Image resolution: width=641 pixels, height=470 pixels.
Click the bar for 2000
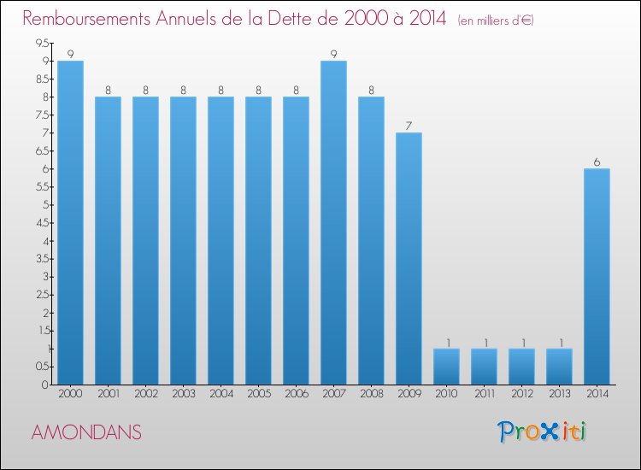[x=70, y=222]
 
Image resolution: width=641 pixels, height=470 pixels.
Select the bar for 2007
[x=333, y=222]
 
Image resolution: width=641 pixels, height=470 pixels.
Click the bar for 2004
[x=221, y=240]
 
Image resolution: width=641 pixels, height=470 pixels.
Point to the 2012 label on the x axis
[x=521, y=394]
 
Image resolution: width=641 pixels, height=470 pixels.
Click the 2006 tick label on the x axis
[x=296, y=394]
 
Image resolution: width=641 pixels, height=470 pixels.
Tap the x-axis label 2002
[x=145, y=394]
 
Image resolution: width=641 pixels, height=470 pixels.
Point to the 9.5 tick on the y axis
[x=42, y=43]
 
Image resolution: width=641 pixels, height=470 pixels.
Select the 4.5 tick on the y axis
[x=42, y=222]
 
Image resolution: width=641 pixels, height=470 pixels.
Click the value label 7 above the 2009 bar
[x=409, y=126]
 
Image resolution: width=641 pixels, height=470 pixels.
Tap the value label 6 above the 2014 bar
[x=597, y=162]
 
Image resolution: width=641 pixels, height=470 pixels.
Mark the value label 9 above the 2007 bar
[x=333, y=54]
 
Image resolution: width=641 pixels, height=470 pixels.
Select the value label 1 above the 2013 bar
[x=559, y=342]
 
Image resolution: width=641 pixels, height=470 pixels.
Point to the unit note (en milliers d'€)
[x=495, y=20]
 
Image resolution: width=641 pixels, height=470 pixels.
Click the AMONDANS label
[x=85, y=432]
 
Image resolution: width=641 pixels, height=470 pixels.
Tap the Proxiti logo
[x=543, y=432]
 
